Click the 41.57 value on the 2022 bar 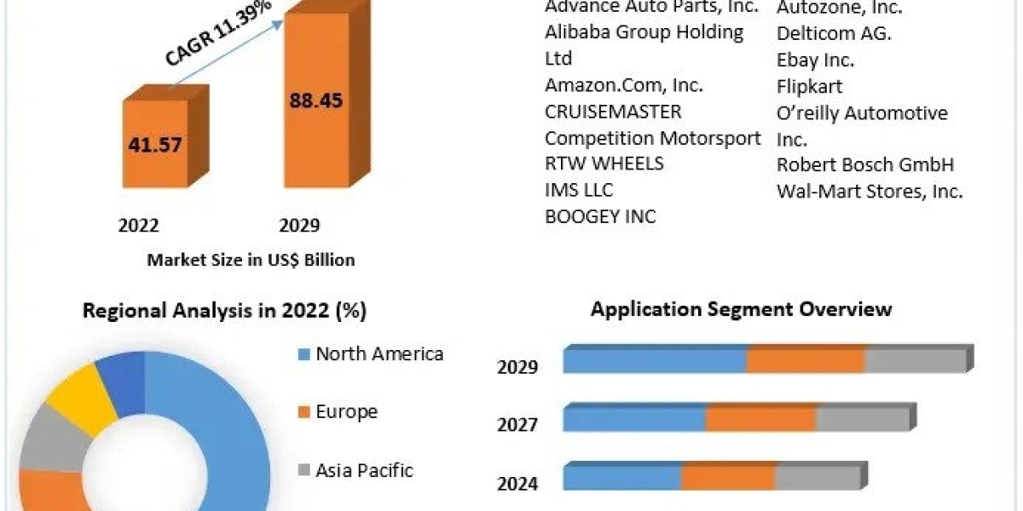(x=155, y=144)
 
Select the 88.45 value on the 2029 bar (x=315, y=100)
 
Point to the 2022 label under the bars (x=138, y=225)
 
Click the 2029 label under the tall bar (x=299, y=225)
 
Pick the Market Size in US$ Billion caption (x=251, y=260)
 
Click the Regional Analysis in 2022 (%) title (x=224, y=311)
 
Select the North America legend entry (x=379, y=353)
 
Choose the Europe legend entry (x=346, y=411)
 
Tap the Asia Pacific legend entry (x=364, y=469)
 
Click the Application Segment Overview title (x=741, y=308)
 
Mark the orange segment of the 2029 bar (x=806, y=360)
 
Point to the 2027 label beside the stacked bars (x=517, y=423)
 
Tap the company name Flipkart (x=809, y=86)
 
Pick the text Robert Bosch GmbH (x=864, y=164)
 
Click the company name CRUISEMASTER (x=613, y=112)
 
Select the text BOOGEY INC (x=600, y=216)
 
